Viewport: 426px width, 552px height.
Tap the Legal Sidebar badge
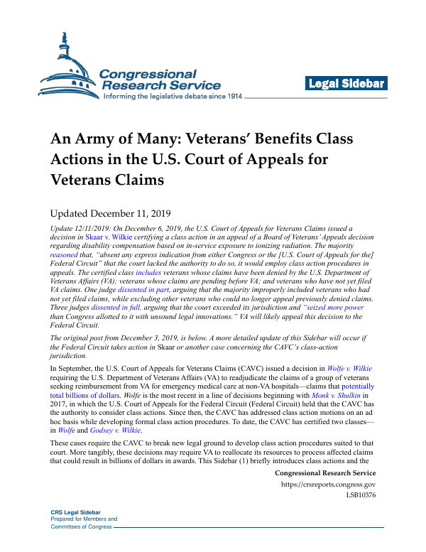346,84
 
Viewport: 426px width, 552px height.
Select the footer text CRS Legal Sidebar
75,512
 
